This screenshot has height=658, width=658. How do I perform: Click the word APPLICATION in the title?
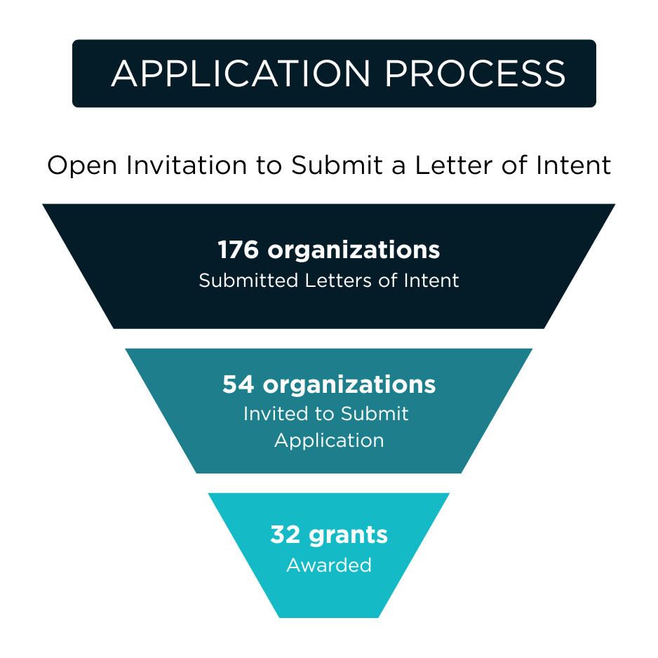241,74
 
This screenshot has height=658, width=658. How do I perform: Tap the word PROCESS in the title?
475,74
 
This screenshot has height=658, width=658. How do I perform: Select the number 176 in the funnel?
239,250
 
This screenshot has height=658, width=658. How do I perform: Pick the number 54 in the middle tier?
239,384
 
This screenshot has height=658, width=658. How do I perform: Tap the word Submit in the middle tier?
375,414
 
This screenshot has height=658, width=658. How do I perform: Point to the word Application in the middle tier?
329,441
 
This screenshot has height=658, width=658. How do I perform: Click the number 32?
286,535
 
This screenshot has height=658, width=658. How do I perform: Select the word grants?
348,536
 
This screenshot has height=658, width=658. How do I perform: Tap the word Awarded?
329,565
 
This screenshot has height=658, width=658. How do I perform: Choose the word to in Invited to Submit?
325,414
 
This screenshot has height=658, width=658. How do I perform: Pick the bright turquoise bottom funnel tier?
329,596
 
